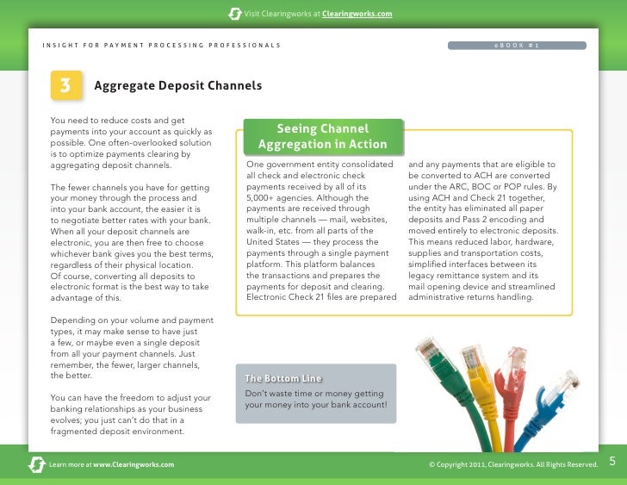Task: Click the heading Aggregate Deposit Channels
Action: pyautogui.click(x=177, y=86)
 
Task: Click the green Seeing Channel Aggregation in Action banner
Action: pyautogui.click(x=322, y=136)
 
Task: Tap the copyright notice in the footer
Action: pyautogui.click(x=512, y=464)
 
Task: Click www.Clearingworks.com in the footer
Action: pyautogui.click(x=133, y=464)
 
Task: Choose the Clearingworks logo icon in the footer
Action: pyautogui.click(x=37, y=464)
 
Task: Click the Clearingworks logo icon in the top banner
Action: pyautogui.click(x=234, y=14)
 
